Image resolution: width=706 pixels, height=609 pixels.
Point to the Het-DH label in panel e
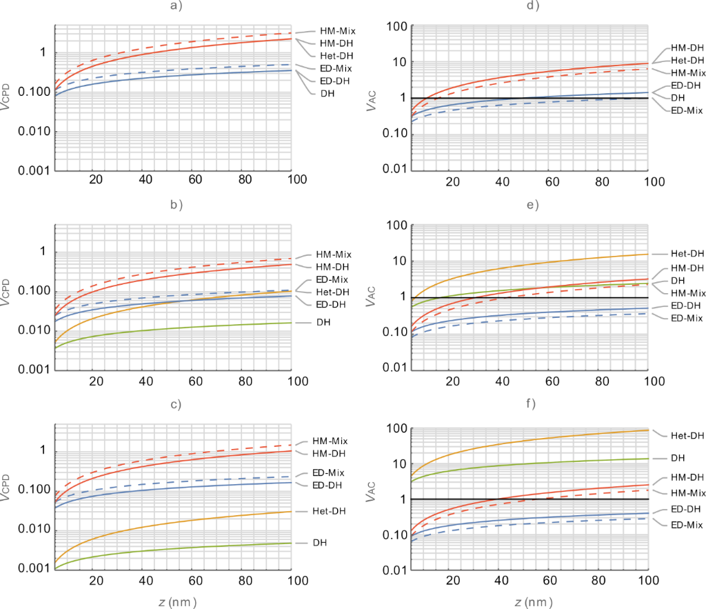click(687, 253)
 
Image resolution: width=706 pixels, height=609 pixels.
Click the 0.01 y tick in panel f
click(389, 570)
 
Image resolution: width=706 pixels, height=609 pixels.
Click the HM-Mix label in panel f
click(687, 492)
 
